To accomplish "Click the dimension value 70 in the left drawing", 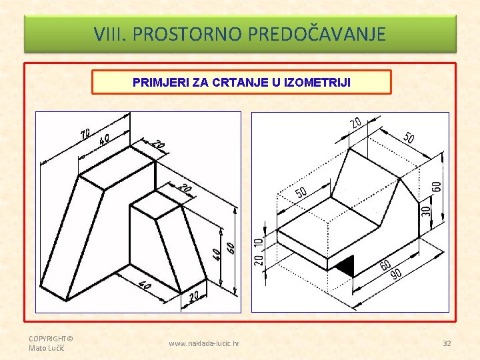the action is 85,134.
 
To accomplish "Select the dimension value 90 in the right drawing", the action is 397,274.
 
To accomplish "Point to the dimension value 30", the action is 426,211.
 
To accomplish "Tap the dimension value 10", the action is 259,243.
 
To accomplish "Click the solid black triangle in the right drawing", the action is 346,265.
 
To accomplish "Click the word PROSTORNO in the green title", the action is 187,34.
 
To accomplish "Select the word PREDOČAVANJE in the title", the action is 317,33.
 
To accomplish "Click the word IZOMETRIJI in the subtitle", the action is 317,83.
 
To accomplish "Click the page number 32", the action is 447,343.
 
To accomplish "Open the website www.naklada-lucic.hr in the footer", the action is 204,343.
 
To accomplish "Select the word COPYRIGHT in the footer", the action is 47,339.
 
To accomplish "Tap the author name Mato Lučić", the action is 47,348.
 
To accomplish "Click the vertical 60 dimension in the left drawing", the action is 231,247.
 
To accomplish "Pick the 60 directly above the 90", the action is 386,265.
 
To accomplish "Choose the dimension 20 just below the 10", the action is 259,260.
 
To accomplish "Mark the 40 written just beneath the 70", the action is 104,141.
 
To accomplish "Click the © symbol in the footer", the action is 70,339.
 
